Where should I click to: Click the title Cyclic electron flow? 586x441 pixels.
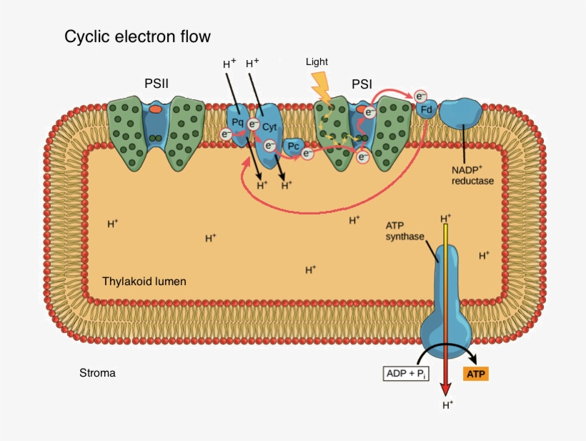coord(138,36)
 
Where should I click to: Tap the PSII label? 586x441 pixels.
coord(156,84)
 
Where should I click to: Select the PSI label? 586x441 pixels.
coord(362,84)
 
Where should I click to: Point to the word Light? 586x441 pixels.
coord(317,61)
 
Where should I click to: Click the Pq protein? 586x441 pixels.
coord(237,123)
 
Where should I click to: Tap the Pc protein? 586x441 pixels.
coord(294,147)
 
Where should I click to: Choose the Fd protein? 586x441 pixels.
coord(425,111)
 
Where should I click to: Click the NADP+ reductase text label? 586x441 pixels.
coord(472,175)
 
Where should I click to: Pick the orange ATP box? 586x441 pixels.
coord(476,373)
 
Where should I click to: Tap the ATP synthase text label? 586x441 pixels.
coord(405,230)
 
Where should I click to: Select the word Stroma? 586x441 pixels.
coord(97,373)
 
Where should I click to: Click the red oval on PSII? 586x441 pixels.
coord(155,111)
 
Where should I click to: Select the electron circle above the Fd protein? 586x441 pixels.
coord(421,96)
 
